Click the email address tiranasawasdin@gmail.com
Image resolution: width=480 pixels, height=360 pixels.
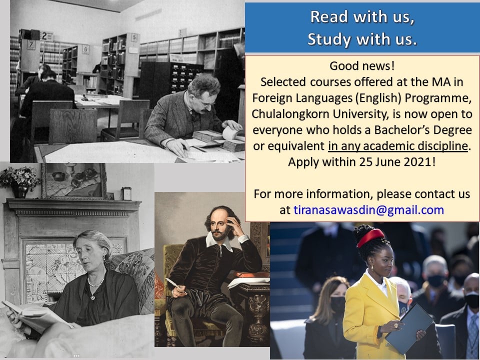pos(368,210)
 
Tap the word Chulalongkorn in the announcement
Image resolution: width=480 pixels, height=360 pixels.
pos(290,114)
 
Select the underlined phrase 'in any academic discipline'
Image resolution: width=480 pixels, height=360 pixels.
pos(398,145)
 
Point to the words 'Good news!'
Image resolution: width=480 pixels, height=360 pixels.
pos(362,66)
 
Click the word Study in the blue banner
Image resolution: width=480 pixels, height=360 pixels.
pos(329,39)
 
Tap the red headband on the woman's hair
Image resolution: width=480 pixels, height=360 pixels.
pos(370,237)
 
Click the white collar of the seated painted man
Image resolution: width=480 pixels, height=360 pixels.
pos(222,240)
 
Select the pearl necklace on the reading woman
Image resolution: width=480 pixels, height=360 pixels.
pos(96,283)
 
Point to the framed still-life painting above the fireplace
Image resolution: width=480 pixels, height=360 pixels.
pos(74,181)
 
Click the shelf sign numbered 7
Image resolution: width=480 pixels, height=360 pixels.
pos(31,44)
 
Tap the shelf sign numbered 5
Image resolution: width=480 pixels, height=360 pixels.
pos(134,37)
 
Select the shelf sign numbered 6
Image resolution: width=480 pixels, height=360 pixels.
pos(85,49)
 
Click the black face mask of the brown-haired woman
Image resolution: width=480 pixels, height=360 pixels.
pos(337,304)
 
